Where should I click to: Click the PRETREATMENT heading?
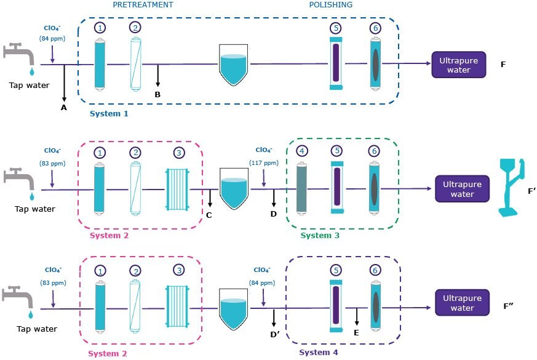(x=143, y=5)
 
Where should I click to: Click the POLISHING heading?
(x=331, y=5)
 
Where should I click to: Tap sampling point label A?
(x=64, y=107)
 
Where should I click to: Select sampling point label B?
(x=157, y=94)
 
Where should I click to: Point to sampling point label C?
(x=209, y=215)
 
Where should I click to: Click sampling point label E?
(x=356, y=332)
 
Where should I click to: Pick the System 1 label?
(x=109, y=114)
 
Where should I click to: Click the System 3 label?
(x=319, y=235)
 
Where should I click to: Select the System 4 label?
(x=318, y=353)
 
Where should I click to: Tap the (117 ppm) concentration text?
(x=264, y=163)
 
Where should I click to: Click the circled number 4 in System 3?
(x=301, y=151)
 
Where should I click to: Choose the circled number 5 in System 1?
(x=335, y=28)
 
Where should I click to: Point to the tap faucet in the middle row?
(x=19, y=181)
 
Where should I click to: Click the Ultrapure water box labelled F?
(x=458, y=65)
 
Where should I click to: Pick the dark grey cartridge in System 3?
(x=301, y=188)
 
